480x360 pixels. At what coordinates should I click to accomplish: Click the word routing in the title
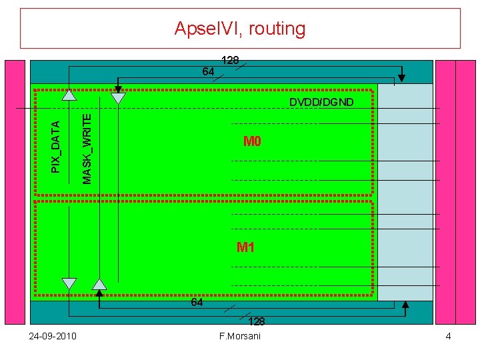[275, 29]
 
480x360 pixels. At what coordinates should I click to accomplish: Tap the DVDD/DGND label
[321, 102]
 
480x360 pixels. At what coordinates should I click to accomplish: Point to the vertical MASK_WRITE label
[87, 148]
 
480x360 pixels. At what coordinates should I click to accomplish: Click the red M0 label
[252, 141]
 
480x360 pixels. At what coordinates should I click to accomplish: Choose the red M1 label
[246, 248]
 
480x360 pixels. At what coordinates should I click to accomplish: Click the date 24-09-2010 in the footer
[53, 335]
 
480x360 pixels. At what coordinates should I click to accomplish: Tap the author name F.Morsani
[240, 335]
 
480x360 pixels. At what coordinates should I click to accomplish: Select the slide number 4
[448, 335]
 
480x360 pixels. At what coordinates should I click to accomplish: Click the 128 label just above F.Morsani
[257, 321]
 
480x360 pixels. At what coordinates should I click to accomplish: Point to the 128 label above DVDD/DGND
[230, 61]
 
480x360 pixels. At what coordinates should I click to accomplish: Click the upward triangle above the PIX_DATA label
[69, 95]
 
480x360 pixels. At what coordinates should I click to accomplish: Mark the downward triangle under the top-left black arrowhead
[118, 99]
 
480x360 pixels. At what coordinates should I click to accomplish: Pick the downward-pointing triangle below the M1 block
[69, 283]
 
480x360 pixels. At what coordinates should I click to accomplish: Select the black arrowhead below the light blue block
[406, 306]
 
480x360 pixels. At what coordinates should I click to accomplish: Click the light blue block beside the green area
[405, 193]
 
